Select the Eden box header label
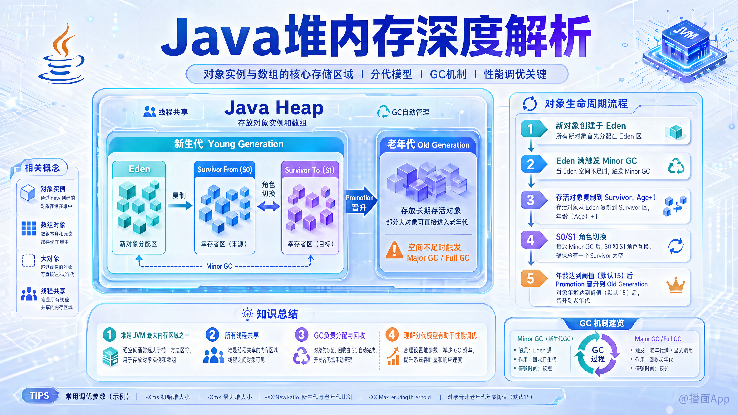tap(139, 169)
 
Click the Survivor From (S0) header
tap(225, 169)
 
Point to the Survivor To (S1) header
tap(310, 170)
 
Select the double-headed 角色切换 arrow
tap(268, 206)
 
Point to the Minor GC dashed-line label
tap(219, 266)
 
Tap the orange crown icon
tap(676, 285)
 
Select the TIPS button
tap(40, 396)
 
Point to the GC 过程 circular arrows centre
tap(598, 354)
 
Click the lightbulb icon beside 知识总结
tap(247, 314)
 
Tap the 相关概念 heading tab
tap(42, 168)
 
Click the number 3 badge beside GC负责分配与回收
tap(301, 334)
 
